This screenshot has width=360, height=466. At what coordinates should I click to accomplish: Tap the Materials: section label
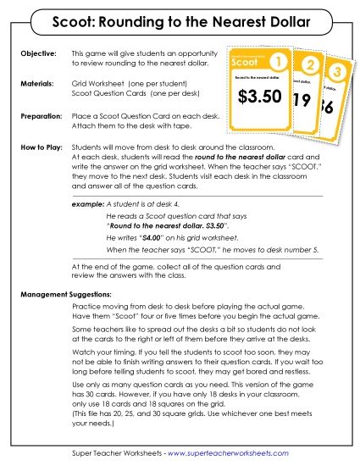coord(37,85)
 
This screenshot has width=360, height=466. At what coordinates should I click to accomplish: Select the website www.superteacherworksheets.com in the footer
coord(236,453)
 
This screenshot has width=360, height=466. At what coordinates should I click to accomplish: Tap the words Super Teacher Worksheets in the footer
coord(114,453)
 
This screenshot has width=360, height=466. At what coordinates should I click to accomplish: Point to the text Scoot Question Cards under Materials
coord(109,94)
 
